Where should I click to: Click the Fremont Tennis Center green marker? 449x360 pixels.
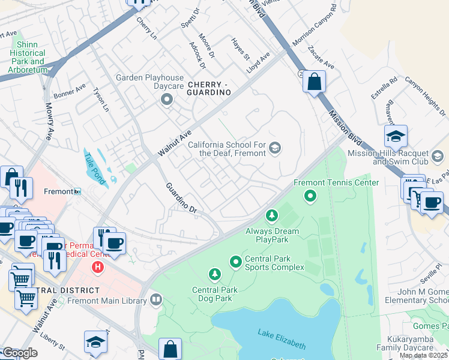coord(310,195)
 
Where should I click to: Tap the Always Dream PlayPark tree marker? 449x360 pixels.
coord(272,215)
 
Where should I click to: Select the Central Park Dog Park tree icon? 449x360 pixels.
coord(214,275)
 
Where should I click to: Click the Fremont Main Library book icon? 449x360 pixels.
coord(156,299)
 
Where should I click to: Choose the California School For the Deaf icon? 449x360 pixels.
coord(275,148)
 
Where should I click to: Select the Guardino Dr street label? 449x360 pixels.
coord(181,198)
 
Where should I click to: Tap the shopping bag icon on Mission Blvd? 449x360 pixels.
coord(314,81)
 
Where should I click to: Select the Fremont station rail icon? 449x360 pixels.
coord(77,191)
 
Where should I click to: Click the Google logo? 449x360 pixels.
coord(20,353)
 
